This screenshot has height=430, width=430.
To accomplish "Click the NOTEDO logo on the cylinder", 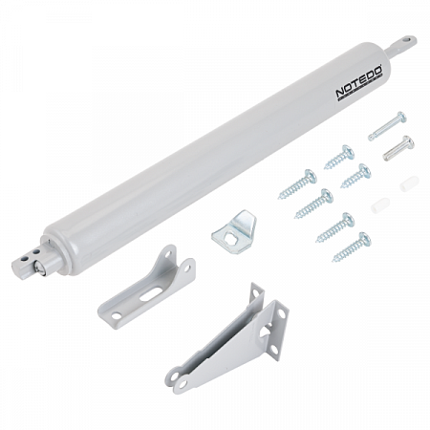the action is (359, 83).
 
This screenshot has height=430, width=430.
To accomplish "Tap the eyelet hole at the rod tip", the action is (406, 40).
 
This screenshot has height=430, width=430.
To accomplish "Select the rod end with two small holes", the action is (26, 261).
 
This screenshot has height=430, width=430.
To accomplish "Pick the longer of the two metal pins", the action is (387, 126).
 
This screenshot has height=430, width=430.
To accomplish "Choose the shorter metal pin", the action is (398, 148).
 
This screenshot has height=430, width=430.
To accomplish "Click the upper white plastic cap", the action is (409, 183).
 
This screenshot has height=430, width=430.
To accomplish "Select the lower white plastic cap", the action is (380, 205).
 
